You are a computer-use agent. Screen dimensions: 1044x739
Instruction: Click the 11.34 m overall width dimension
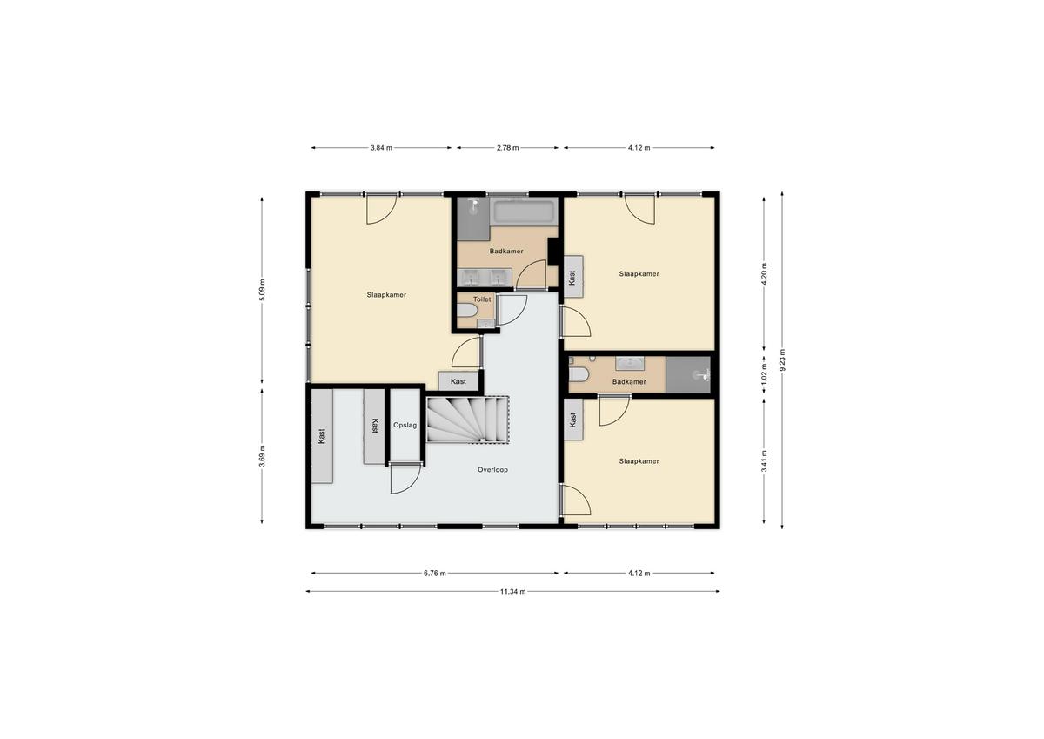[x=512, y=592]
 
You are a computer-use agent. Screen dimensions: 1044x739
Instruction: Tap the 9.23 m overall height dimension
[x=782, y=360]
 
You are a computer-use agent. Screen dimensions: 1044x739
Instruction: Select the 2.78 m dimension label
[x=507, y=148]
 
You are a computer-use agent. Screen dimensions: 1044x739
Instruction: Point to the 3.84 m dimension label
[x=381, y=148]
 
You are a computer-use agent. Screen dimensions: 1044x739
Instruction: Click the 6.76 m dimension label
[x=434, y=574]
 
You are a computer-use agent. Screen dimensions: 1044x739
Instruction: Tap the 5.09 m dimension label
[x=262, y=289]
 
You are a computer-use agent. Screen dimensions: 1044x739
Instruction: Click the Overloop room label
[x=492, y=469]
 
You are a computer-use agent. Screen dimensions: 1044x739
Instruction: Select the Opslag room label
[x=405, y=426]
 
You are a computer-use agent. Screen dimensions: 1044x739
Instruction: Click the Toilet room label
[x=482, y=299]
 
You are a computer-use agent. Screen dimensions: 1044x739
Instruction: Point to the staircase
[x=467, y=420]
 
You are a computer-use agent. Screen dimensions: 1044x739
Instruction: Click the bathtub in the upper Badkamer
[x=525, y=212]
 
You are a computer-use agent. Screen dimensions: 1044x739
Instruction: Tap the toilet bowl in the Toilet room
[x=466, y=310]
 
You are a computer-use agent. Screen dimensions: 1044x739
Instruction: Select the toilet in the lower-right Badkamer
[x=579, y=373]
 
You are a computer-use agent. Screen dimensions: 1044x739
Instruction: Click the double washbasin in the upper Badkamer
[x=485, y=278]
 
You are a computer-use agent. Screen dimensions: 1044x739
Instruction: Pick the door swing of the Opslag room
[x=405, y=480]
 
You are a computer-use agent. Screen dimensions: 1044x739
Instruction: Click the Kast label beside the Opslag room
[x=375, y=426]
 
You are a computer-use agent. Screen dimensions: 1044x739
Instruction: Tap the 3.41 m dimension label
[x=764, y=460]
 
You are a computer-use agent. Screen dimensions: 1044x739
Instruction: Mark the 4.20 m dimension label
[x=764, y=274]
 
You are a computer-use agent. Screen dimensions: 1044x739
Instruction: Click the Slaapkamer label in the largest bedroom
[x=386, y=295]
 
